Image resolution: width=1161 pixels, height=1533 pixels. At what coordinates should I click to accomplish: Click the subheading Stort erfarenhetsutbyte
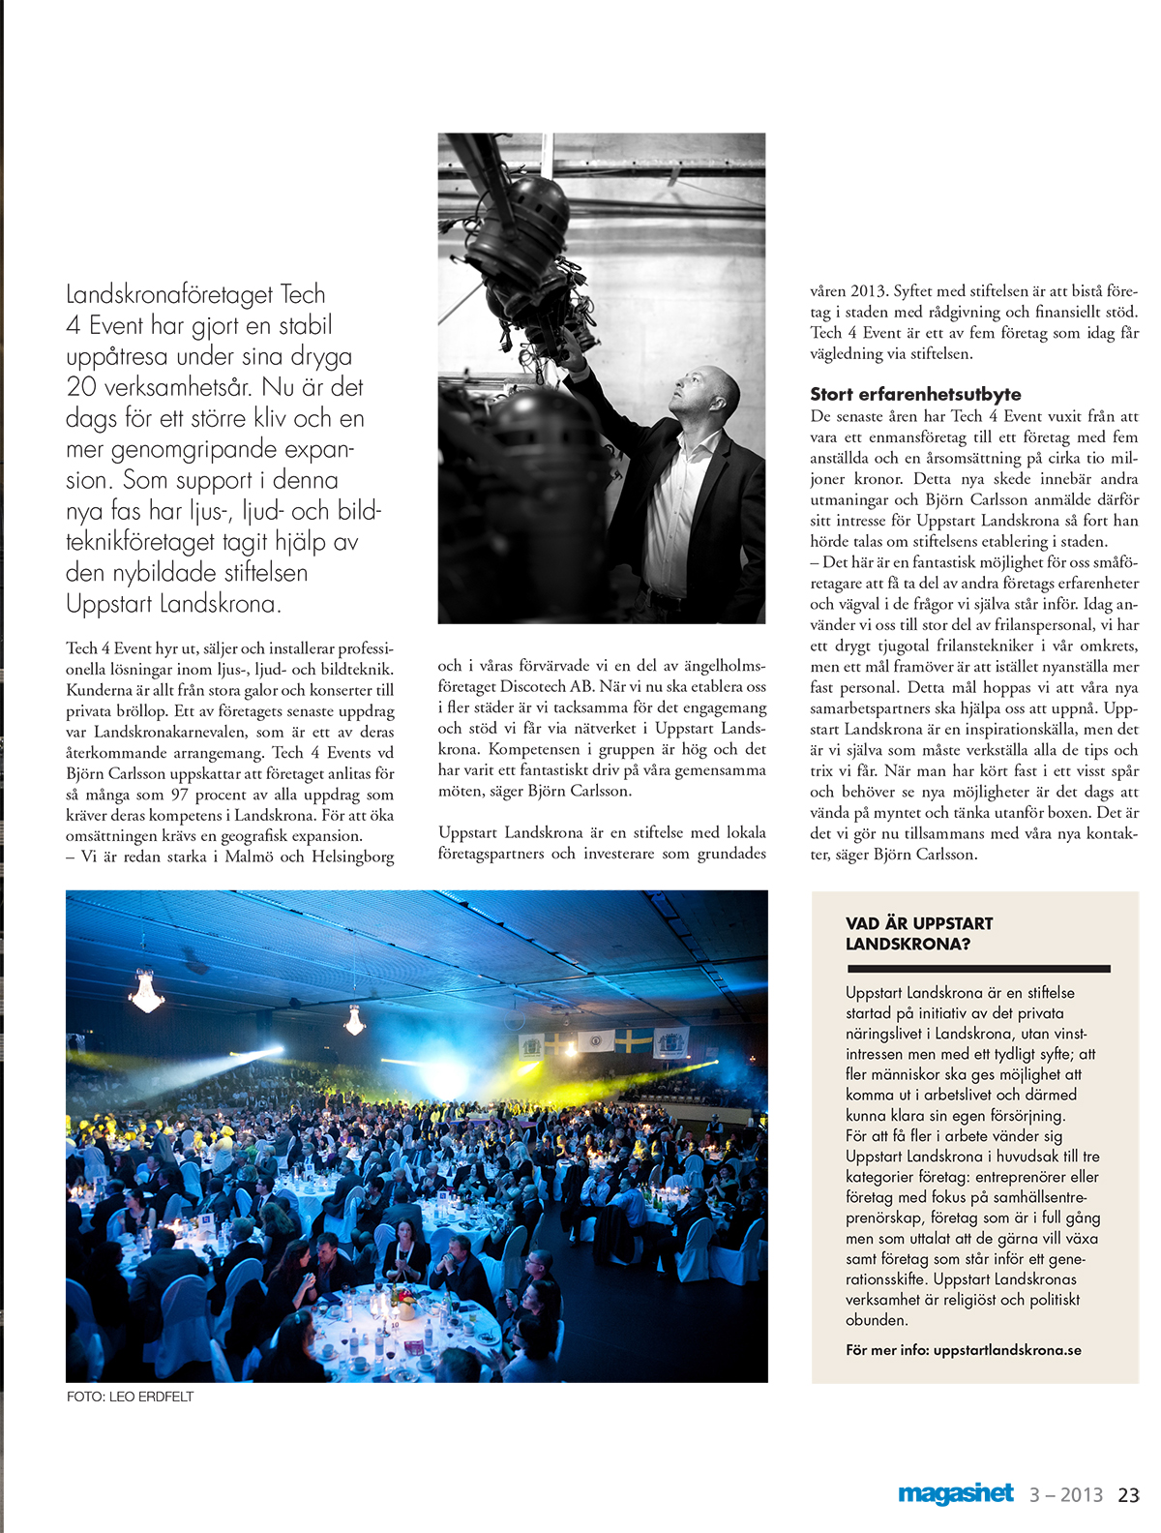click(915, 394)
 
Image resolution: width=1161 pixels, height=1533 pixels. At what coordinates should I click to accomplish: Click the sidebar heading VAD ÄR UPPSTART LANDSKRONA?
click(918, 933)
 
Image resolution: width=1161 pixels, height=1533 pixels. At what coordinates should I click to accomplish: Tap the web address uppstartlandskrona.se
click(1007, 1350)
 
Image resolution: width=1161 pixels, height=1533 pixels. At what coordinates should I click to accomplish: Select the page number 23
click(1128, 1494)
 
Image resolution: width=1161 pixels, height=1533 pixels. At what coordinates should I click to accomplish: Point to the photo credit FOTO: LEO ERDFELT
click(130, 1397)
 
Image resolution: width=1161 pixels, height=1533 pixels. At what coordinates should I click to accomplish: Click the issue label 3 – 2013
click(1065, 1494)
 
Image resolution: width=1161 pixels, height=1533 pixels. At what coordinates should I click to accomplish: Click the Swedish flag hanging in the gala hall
click(634, 1041)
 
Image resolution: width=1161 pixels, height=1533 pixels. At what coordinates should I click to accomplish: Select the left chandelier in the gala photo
click(146, 992)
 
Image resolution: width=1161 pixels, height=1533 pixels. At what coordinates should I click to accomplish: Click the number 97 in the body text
click(179, 795)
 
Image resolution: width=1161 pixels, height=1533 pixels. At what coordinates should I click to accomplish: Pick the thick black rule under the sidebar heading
click(977, 968)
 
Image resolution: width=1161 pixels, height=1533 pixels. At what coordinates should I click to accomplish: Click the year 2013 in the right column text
click(867, 290)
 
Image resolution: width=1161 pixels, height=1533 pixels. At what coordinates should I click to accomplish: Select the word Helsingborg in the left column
click(352, 857)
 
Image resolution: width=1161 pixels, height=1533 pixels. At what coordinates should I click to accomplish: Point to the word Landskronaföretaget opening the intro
click(168, 294)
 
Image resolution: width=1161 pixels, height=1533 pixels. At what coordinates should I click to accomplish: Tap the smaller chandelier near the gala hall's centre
click(354, 1019)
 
